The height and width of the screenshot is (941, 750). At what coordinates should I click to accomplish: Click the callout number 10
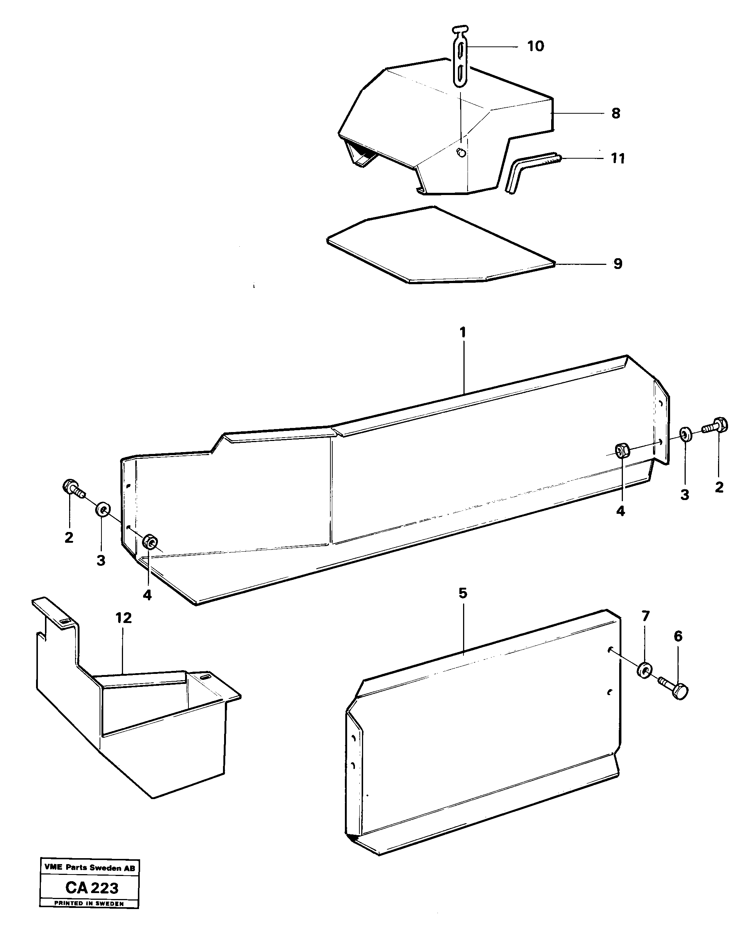[x=535, y=46]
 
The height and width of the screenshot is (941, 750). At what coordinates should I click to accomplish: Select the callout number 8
[x=615, y=113]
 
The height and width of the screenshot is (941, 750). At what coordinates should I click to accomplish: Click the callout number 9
[x=617, y=264]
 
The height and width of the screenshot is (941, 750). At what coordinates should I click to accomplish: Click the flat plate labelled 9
[x=437, y=247]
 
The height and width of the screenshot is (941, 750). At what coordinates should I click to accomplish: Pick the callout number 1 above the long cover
[x=463, y=332]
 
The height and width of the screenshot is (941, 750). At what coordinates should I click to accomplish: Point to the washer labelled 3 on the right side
[x=685, y=435]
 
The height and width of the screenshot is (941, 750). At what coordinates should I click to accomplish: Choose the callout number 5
[x=463, y=593]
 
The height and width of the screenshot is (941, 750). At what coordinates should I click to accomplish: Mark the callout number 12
[x=123, y=618]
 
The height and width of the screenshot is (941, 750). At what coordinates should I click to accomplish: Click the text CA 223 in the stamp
[x=92, y=888]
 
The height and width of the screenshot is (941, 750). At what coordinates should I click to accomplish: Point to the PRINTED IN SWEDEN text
[x=89, y=903]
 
